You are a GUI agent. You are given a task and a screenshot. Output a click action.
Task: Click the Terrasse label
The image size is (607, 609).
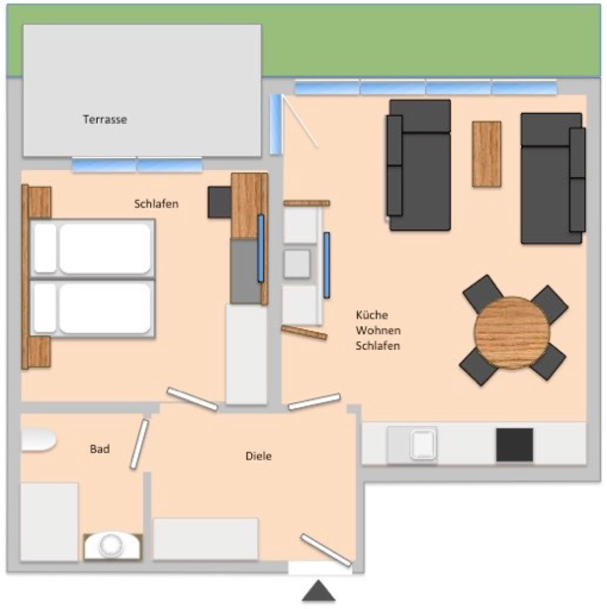click(105, 119)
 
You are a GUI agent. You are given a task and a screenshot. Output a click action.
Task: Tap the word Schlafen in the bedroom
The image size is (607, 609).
click(156, 204)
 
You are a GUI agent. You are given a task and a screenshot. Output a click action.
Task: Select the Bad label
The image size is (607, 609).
click(100, 449)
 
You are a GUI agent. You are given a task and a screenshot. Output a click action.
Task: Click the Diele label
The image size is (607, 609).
click(258, 456)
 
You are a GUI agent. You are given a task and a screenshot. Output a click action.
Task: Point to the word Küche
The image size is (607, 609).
click(372, 314)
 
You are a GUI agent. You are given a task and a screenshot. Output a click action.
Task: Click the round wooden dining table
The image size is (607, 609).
click(512, 333)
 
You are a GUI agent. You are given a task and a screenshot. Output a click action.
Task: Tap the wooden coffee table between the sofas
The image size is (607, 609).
click(486, 154)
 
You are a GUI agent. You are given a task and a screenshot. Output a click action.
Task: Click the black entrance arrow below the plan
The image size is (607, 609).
click(319, 591)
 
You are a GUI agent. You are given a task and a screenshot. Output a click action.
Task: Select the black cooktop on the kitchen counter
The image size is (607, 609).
click(515, 445)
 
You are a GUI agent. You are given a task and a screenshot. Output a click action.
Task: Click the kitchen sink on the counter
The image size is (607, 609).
click(423, 444)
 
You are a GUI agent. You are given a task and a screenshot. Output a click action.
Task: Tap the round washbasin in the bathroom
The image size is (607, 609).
click(112, 545)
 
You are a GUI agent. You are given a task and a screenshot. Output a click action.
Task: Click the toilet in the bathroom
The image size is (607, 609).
click(38, 440)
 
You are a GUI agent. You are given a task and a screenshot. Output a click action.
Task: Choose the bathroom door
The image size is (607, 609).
click(139, 444)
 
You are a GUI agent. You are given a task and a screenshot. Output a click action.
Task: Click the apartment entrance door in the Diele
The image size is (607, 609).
click(326, 550)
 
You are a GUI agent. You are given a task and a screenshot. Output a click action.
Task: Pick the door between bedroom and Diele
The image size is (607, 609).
click(192, 399)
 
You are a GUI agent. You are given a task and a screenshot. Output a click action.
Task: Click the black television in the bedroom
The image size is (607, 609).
click(219, 202)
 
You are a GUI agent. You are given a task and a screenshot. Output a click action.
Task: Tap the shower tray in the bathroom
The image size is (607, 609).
click(49, 521)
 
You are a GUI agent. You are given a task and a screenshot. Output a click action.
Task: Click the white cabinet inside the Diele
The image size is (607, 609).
click(205, 538)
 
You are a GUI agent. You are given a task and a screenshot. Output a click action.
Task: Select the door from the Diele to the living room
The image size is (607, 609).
click(314, 401)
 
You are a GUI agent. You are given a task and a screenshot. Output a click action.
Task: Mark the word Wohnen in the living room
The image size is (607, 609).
click(378, 330)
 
